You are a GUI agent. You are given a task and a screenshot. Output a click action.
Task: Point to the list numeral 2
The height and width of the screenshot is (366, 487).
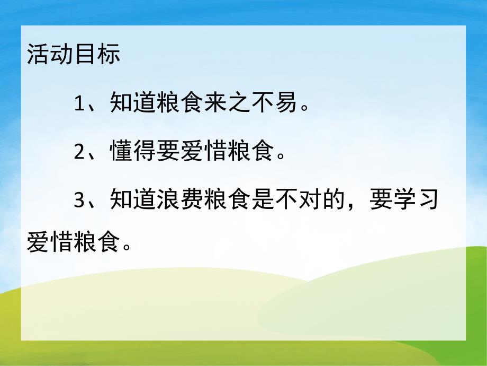tap(79, 153)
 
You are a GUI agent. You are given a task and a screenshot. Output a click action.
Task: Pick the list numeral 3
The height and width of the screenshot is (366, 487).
tap(79, 202)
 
